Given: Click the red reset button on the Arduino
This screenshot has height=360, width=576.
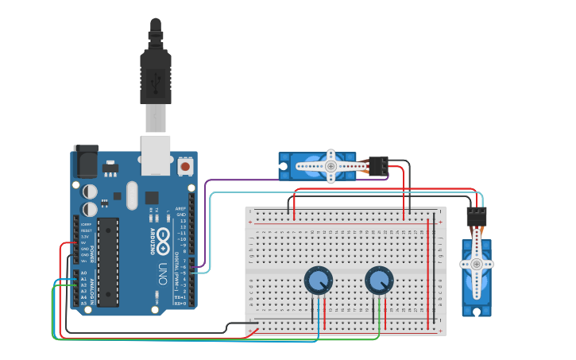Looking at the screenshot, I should [185, 166].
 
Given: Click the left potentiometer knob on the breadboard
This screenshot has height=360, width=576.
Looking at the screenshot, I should [318, 280].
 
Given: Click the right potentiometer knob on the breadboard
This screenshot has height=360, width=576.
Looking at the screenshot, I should [379, 280].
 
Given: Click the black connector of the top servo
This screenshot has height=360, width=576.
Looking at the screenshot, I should [378, 165].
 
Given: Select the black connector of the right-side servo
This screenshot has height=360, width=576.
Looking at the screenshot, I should [476, 216].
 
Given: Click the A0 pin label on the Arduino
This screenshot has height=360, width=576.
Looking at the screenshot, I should [83, 273].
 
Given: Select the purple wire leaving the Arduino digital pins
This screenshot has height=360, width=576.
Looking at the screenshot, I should [208, 223].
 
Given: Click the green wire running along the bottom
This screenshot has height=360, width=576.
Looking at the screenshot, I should [159, 339].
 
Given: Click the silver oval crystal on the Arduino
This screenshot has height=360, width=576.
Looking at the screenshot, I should [131, 195].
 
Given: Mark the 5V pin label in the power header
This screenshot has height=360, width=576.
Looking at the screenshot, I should [85, 242].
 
